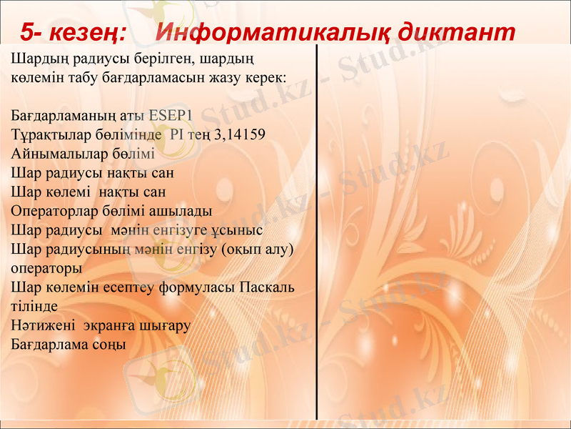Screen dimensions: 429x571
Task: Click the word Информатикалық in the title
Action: tap(272, 31)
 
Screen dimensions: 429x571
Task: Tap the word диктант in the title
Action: tap(457, 31)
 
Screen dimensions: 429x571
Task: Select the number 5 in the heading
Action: tap(26, 31)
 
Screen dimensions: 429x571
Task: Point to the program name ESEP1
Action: tap(168, 115)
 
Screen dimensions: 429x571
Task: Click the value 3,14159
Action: tap(239, 134)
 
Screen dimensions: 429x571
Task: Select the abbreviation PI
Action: tap(177, 134)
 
